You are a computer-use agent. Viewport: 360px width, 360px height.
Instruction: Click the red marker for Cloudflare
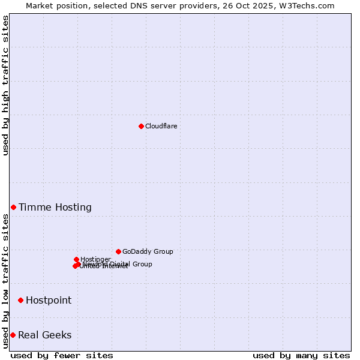pos(141,126)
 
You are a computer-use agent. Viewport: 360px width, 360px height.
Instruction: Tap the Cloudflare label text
pos(161,126)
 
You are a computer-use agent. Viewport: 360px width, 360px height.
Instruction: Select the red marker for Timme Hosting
pos(13,207)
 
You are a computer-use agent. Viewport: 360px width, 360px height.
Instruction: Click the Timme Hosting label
pos(55,208)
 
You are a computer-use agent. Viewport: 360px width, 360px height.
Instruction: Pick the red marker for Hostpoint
pos(20,300)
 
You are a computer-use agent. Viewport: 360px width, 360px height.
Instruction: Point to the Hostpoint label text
pos(49,301)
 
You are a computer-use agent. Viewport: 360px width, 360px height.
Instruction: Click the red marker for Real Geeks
pos(13,335)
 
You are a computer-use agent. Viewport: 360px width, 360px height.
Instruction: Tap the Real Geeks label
pos(45,335)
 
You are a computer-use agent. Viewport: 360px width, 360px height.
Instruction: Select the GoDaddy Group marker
pos(118,251)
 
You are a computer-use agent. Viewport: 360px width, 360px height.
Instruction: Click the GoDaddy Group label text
pos(148,252)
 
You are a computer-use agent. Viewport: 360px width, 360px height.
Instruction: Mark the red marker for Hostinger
pos(76,259)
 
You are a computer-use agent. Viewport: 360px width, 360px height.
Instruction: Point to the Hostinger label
pos(95,259)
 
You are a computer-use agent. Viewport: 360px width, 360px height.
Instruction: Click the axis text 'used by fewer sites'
pos(62,355)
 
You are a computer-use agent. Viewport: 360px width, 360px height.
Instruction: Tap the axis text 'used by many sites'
pos(301,355)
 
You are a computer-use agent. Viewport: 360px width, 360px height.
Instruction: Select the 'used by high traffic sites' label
pos(5,85)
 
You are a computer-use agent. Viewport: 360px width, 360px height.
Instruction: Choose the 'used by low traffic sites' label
pos(5,281)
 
